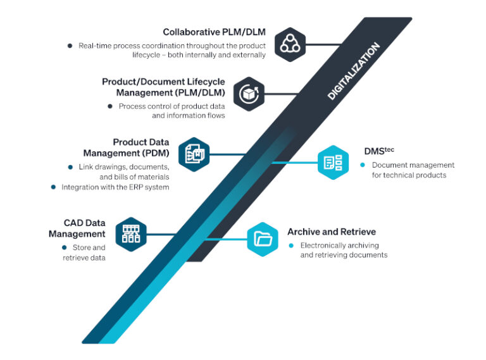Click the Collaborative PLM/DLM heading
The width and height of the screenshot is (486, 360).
click(214, 32)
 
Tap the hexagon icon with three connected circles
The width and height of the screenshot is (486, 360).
click(291, 44)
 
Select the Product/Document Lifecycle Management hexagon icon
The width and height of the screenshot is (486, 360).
click(249, 94)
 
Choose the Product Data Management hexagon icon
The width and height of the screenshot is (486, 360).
click(194, 154)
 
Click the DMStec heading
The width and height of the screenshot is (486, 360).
click(378, 151)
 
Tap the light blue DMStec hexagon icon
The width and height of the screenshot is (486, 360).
click(332, 163)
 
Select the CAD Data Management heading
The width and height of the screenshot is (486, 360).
click(77, 228)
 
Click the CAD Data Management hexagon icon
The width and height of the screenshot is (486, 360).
click(131, 234)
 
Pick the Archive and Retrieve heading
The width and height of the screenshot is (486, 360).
click(331, 232)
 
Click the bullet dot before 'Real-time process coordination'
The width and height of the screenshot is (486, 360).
click(70, 46)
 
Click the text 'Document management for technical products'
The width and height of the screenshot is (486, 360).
click(412, 170)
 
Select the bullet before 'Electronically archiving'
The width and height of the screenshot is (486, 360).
click(291, 245)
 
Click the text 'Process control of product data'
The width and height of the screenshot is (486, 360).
click(171, 106)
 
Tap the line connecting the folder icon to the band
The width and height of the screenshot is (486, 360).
click(228, 239)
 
